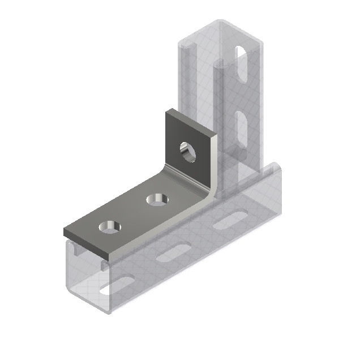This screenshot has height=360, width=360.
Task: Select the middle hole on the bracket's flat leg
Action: pyautogui.click(x=156, y=200)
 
